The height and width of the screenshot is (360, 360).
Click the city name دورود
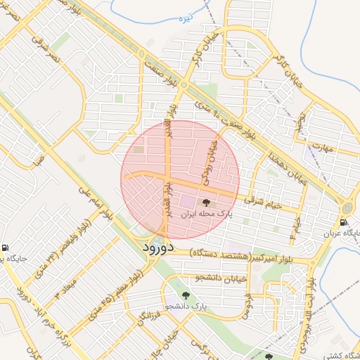click(x=157, y=247)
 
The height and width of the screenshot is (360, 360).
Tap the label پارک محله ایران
click(x=205, y=213)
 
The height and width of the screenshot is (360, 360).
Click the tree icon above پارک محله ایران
click(x=205, y=202)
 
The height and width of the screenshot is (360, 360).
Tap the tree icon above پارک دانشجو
click(x=186, y=296)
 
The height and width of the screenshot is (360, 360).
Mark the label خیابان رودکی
click(x=210, y=162)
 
